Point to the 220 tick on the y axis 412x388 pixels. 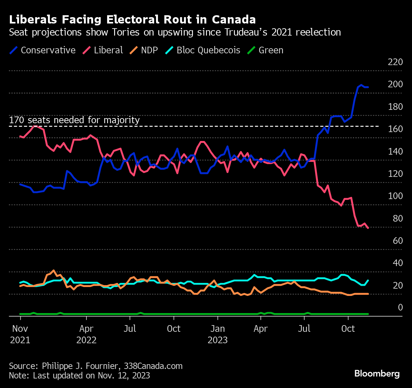coord(395,62)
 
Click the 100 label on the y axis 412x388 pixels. coord(395,196)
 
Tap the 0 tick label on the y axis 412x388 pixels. coord(400,307)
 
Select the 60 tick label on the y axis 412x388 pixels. coord(398,241)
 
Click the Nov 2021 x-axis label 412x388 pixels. coord(20,334)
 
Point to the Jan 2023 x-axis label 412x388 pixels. coord(218,334)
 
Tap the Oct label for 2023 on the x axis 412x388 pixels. coord(348,329)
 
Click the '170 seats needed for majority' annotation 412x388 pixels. coord(74,120)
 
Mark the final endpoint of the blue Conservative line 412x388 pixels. coord(368,87)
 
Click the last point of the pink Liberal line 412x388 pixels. coord(368,228)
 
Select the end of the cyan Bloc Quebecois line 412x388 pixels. coord(368,280)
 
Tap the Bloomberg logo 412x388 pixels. coord(377,373)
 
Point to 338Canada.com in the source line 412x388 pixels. coord(153,366)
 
